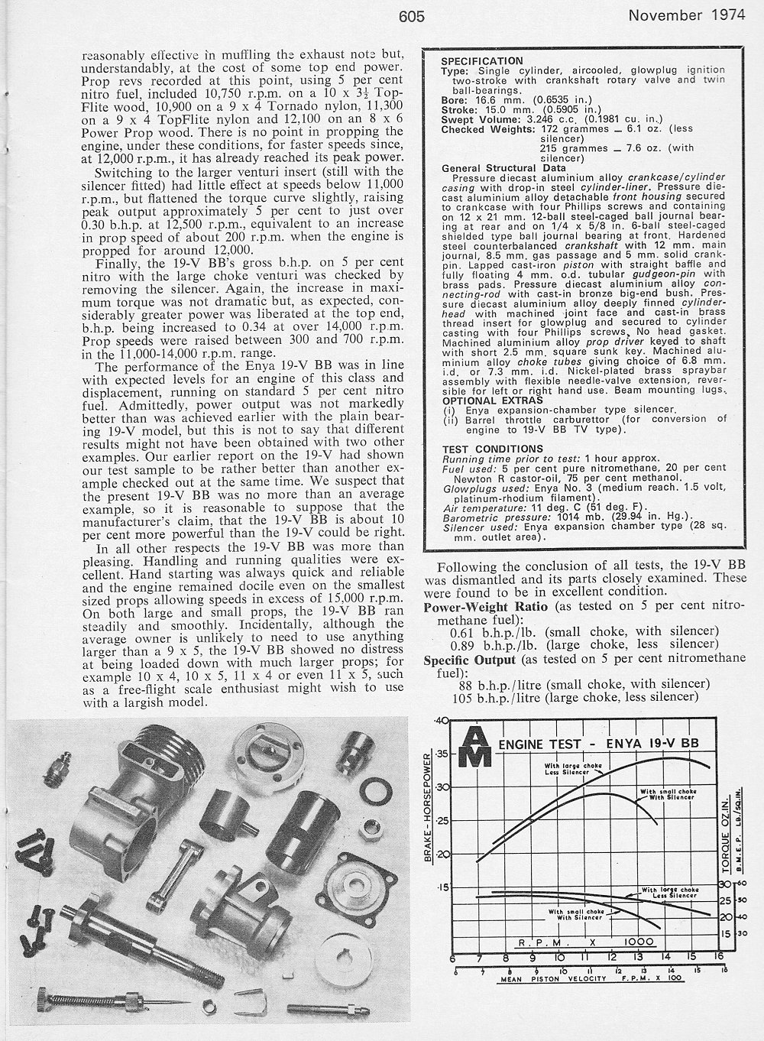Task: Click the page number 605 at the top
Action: pyautogui.click(x=410, y=16)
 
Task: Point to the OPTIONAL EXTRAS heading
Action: pyautogui.click(x=484, y=400)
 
